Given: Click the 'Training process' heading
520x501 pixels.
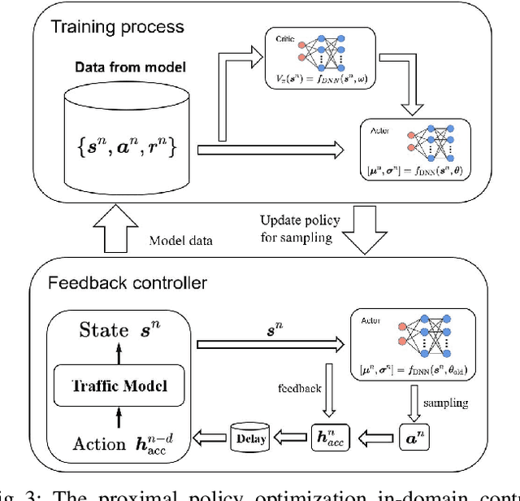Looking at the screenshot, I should pos(119,28).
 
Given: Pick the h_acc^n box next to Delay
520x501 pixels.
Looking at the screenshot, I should pos(328,440).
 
